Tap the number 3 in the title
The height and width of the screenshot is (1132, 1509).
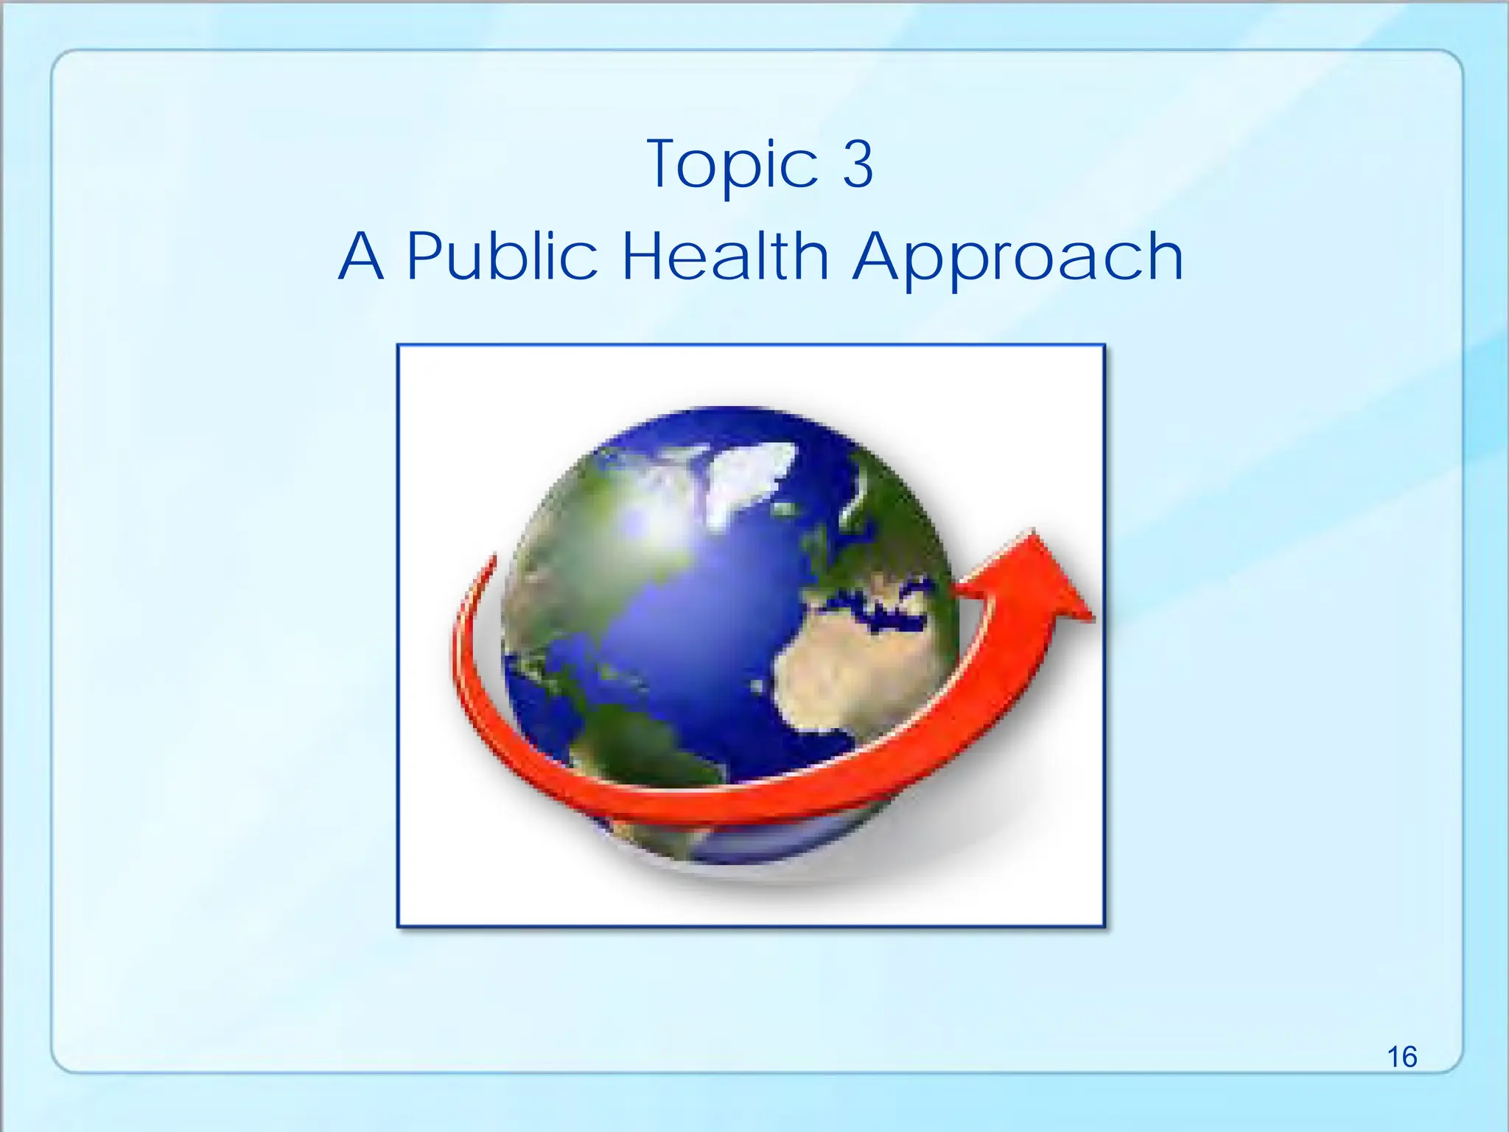(858, 164)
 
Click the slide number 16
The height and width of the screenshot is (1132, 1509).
(1401, 1057)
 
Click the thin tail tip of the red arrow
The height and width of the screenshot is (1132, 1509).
(491, 562)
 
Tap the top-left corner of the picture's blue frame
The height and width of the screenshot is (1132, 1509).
(399, 346)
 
